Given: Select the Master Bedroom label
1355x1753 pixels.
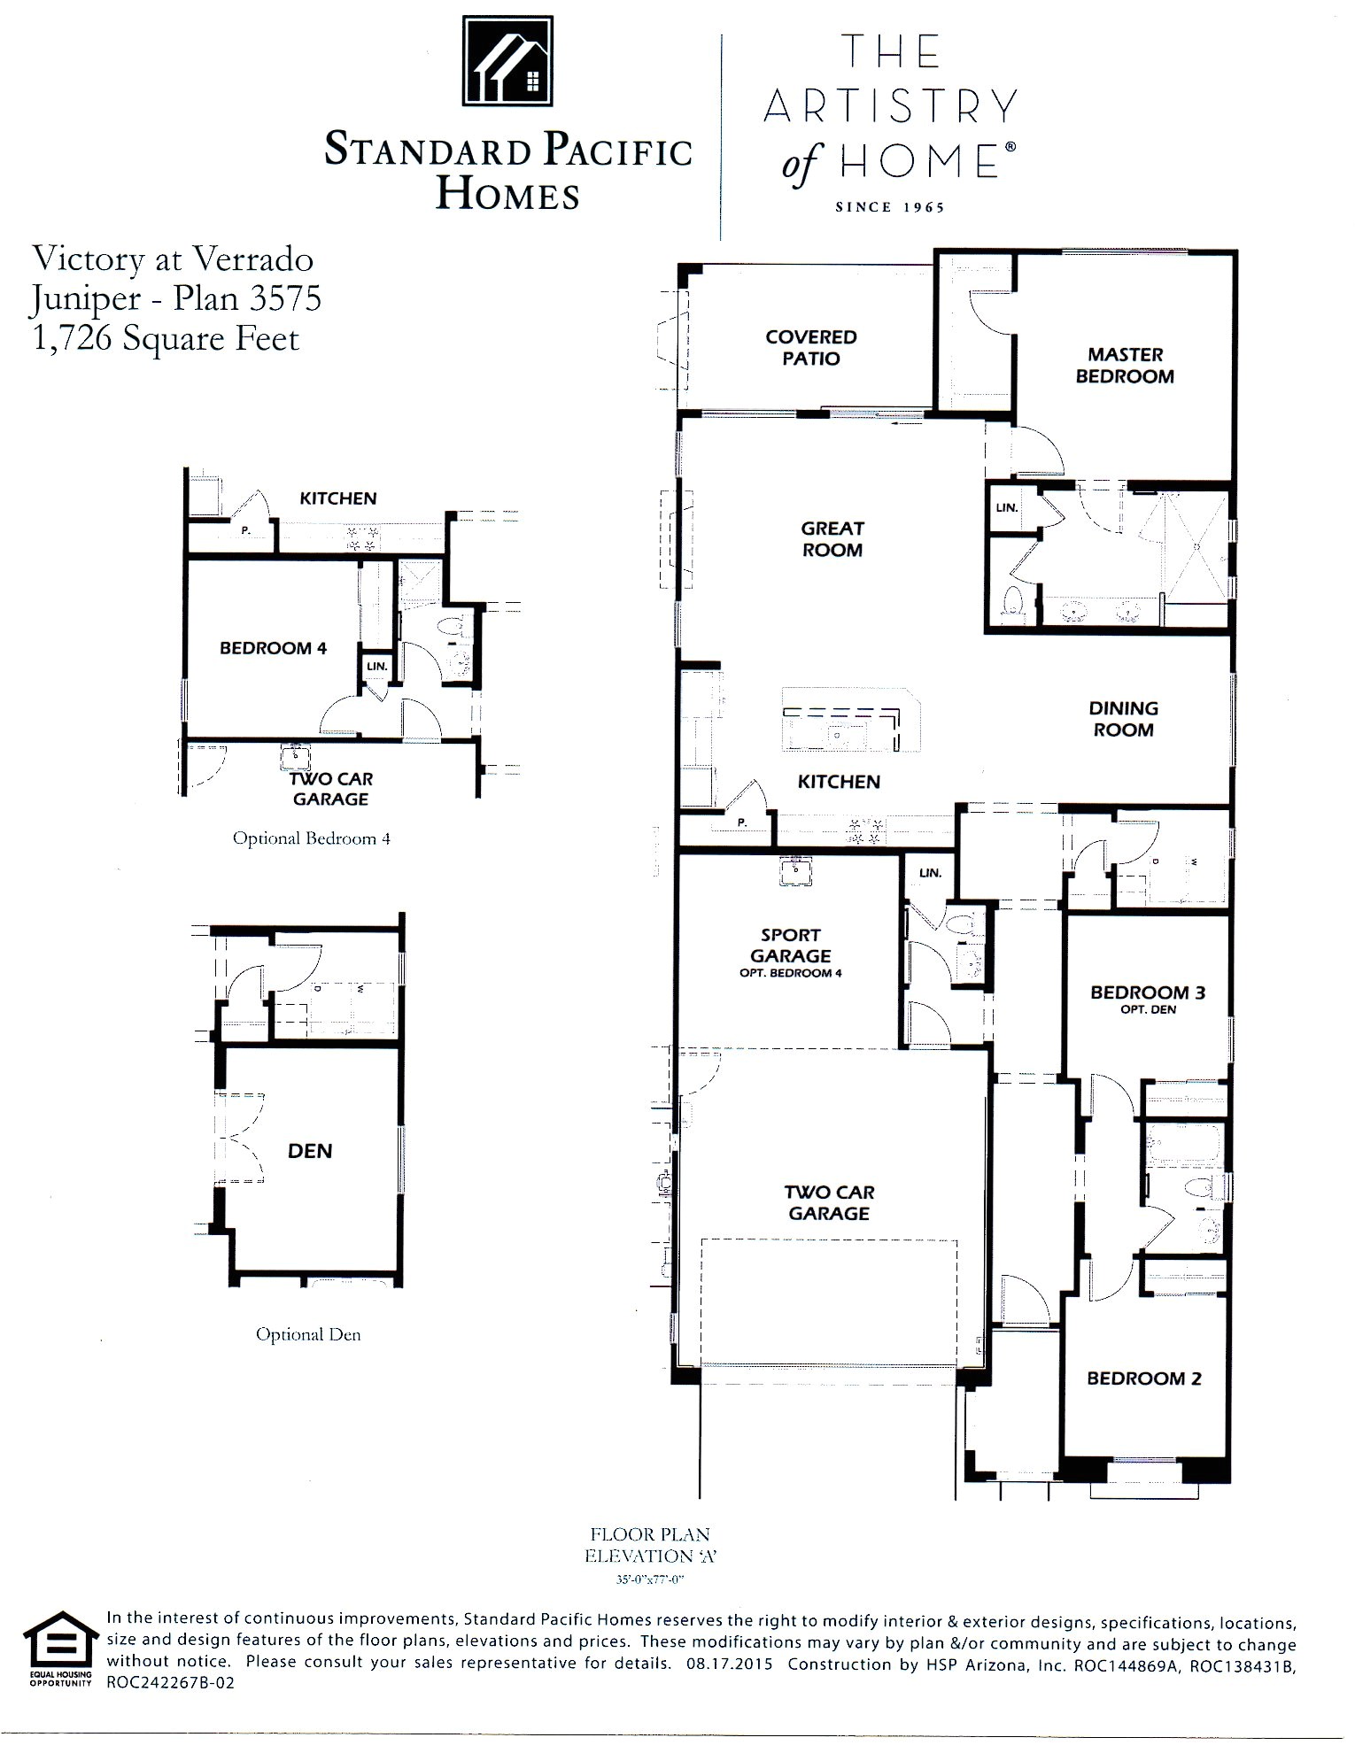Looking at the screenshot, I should (1125, 365).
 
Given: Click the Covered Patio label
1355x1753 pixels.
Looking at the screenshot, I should (810, 347).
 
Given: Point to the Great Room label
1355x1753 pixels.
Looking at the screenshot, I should (832, 538).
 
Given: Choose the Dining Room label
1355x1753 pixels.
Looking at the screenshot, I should (1123, 719).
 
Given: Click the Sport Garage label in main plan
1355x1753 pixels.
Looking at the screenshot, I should (790, 946).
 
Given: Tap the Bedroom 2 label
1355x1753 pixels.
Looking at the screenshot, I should (1143, 1378).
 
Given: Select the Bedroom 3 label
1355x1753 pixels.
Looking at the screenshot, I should (1147, 992).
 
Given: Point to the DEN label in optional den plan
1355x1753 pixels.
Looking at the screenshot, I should (310, 1151).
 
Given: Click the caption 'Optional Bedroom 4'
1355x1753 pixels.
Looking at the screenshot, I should (311, 838).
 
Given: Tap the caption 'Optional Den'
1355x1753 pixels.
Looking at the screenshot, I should (308, 1334).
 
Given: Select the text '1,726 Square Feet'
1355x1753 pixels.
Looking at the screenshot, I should (166, 338).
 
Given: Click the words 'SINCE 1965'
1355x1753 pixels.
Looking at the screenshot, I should (889, 207).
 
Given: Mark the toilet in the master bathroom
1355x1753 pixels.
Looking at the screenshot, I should (1011, 601).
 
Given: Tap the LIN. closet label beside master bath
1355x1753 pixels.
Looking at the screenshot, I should (1007, 508).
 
